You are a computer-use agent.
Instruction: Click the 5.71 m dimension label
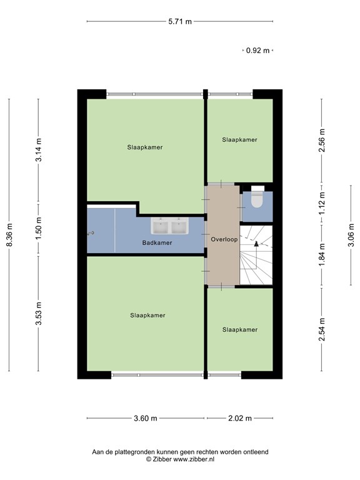coord(180,21)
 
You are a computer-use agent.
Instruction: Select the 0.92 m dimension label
coord(257,51)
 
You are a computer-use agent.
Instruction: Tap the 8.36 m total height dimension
coord(9,235)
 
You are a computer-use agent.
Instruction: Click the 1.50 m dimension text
coord(39,229)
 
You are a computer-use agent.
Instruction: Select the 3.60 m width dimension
coord(145,419)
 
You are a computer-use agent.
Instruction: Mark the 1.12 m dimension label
coord(322,202)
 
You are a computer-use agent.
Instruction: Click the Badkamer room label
coord(157,242)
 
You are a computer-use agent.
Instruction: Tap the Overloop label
coord(223,239)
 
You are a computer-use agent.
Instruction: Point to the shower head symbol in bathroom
coord(92,233)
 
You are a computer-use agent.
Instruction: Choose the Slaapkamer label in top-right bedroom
coord(239,140)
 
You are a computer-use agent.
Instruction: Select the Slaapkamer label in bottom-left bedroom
coord(147,315)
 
